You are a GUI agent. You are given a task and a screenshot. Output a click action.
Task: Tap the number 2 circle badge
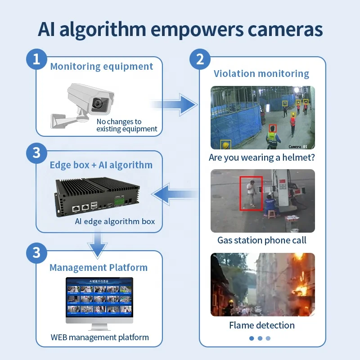(x=200, y=59)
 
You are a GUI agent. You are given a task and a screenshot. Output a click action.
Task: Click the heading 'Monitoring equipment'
(x=101, y=67)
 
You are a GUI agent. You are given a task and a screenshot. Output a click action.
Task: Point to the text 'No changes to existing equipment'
(x=126, y=125)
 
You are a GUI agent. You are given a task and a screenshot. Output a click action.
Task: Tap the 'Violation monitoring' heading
(x=261, y=74)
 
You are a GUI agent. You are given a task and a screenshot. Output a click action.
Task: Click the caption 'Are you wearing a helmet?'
(x=261, y=157)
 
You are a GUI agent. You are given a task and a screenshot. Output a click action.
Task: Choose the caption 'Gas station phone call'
(x=261, y=240)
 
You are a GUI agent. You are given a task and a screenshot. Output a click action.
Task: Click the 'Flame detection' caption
(x=261, y=325)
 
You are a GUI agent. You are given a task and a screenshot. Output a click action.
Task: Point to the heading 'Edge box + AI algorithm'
(x=101, y=165)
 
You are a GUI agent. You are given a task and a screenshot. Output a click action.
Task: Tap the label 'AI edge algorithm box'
(x=115, y=221)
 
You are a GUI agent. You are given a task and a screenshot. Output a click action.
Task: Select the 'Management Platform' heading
(x=98, y=267)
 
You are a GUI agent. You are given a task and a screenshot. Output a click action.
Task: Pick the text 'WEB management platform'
(x=99, y=337)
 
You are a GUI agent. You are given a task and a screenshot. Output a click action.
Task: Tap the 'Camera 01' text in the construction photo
(x=297, y=146)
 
